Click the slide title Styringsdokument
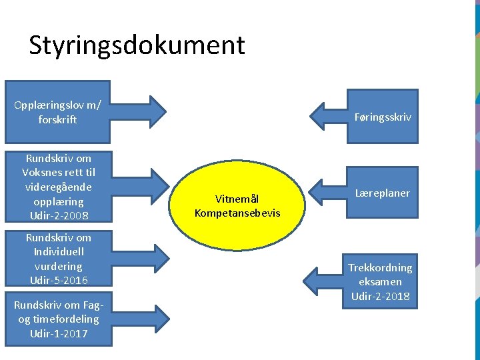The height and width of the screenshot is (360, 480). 137,45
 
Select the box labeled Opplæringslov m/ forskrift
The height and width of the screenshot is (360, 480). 58,113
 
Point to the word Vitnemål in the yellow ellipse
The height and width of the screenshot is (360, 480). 237,199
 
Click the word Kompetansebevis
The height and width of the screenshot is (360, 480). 237,213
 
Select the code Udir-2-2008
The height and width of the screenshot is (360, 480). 59,215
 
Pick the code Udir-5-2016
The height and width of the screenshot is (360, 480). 59,280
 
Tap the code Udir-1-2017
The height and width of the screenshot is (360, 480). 59,333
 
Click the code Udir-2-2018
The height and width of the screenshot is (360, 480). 381,296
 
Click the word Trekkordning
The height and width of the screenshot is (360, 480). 381,267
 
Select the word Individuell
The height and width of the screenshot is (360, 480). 58,251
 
